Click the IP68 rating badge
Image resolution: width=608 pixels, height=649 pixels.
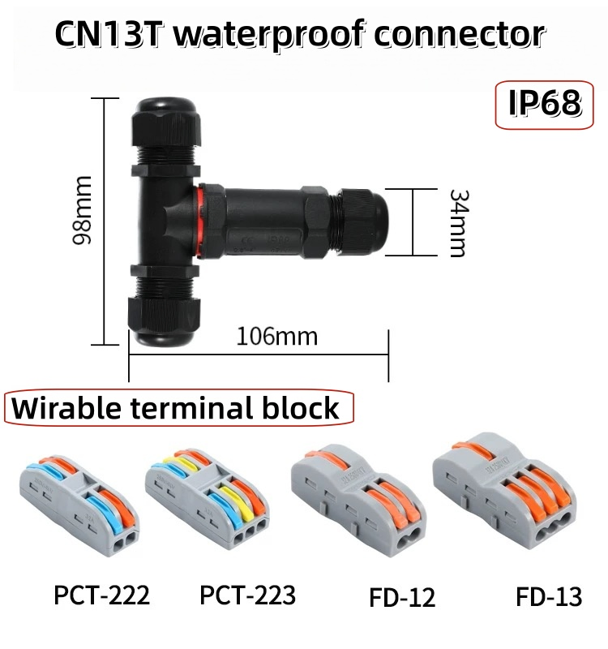(x=544, y=105)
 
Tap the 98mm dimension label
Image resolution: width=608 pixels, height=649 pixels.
(x=82, y=210)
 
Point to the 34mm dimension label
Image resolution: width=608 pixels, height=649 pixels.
(x=459, y=224)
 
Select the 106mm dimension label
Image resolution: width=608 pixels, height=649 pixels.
(x=277, y=337)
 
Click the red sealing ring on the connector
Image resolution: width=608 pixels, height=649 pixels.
(x=199, y=221)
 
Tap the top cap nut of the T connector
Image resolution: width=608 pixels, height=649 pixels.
(x=166, y=122)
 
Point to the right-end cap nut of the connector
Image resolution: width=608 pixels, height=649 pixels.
(x=362, y=221)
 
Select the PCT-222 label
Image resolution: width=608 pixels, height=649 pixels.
(x=102, y=595)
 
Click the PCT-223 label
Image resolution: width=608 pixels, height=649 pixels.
(x=247, y=595)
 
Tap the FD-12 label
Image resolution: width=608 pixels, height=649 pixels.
(x=402, y=597)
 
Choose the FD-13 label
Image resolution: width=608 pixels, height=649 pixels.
(x=549, y=597)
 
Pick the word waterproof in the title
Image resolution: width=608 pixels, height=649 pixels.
(x=269, y=35)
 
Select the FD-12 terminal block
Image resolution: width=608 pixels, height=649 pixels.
(x=358, y=500)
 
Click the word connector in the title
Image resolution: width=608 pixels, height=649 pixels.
(x=460, y=34)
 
